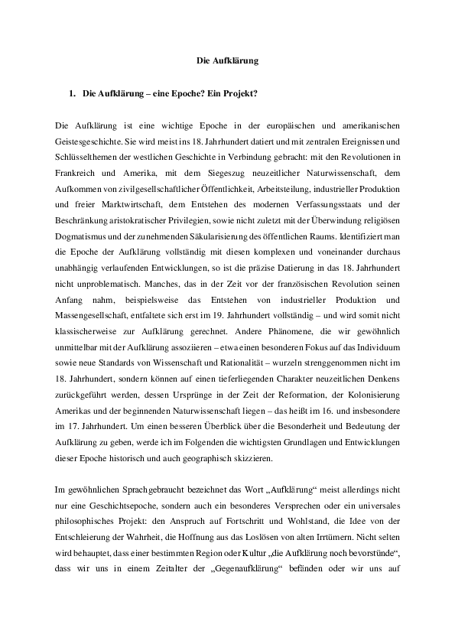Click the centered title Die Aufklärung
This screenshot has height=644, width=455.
[227, 59]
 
